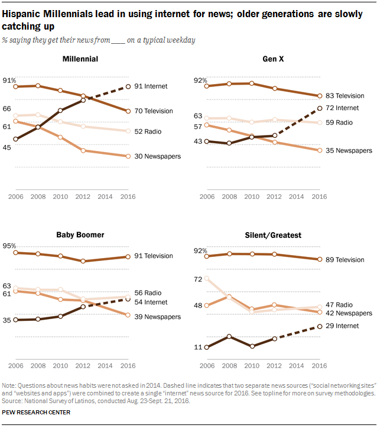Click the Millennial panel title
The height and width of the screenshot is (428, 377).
(x=79, y=59)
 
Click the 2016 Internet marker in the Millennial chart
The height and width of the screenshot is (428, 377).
(x=128, y=87)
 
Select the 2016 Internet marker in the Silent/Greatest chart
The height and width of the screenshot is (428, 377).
(x=320, y=326)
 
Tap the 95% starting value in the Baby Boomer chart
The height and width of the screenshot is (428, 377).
(x=9, y=246)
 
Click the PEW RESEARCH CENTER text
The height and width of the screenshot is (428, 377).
(x=37, y=412)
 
